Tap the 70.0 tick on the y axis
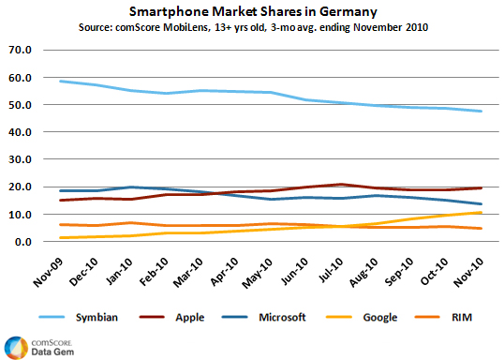[21, 49]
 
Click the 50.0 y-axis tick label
[21, 104]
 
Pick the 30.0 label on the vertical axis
[21, 159]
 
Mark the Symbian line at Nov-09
[59, 81]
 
